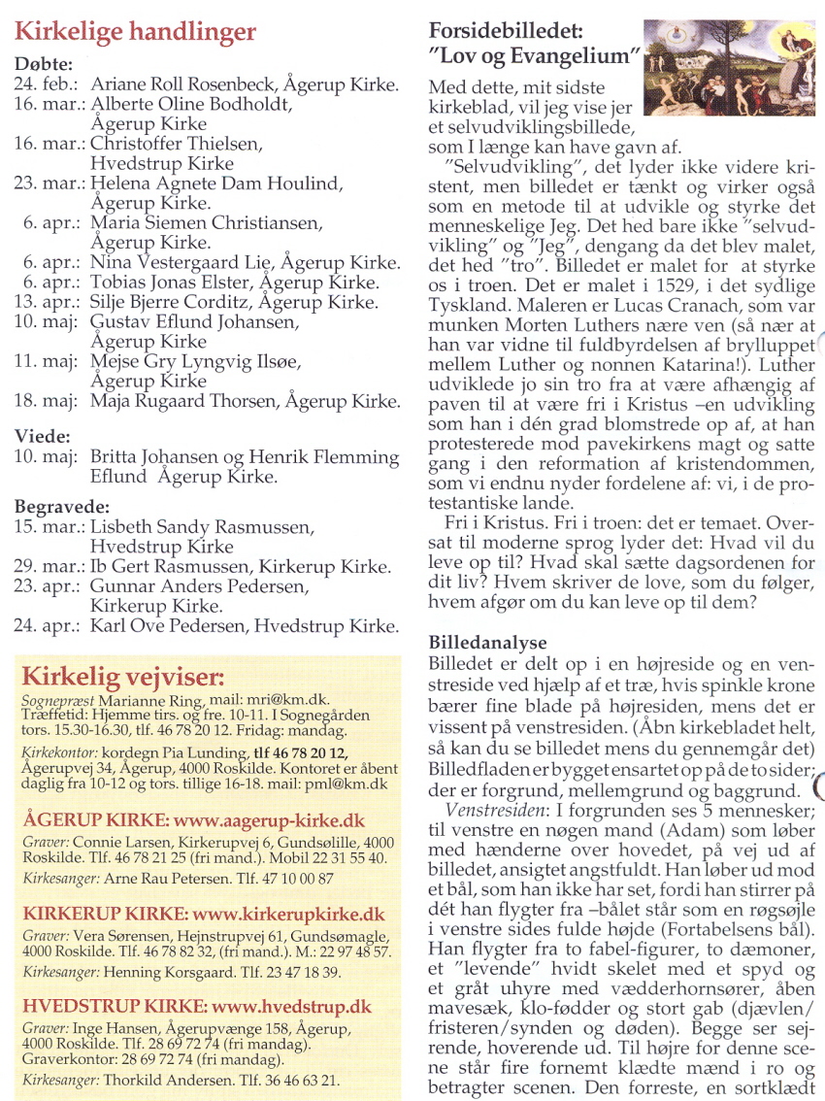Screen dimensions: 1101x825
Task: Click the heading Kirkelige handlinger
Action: click(x=135, y=31)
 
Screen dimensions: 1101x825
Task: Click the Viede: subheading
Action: click(x=43, y=436)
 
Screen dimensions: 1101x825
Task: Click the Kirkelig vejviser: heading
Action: click(x=122, y=676)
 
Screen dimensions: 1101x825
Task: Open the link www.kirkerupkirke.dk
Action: click(x=289, y=915)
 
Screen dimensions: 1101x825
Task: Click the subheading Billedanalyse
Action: click(x=488, y=643)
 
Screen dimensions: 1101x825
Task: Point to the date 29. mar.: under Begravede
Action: click(x=49, y=567)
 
